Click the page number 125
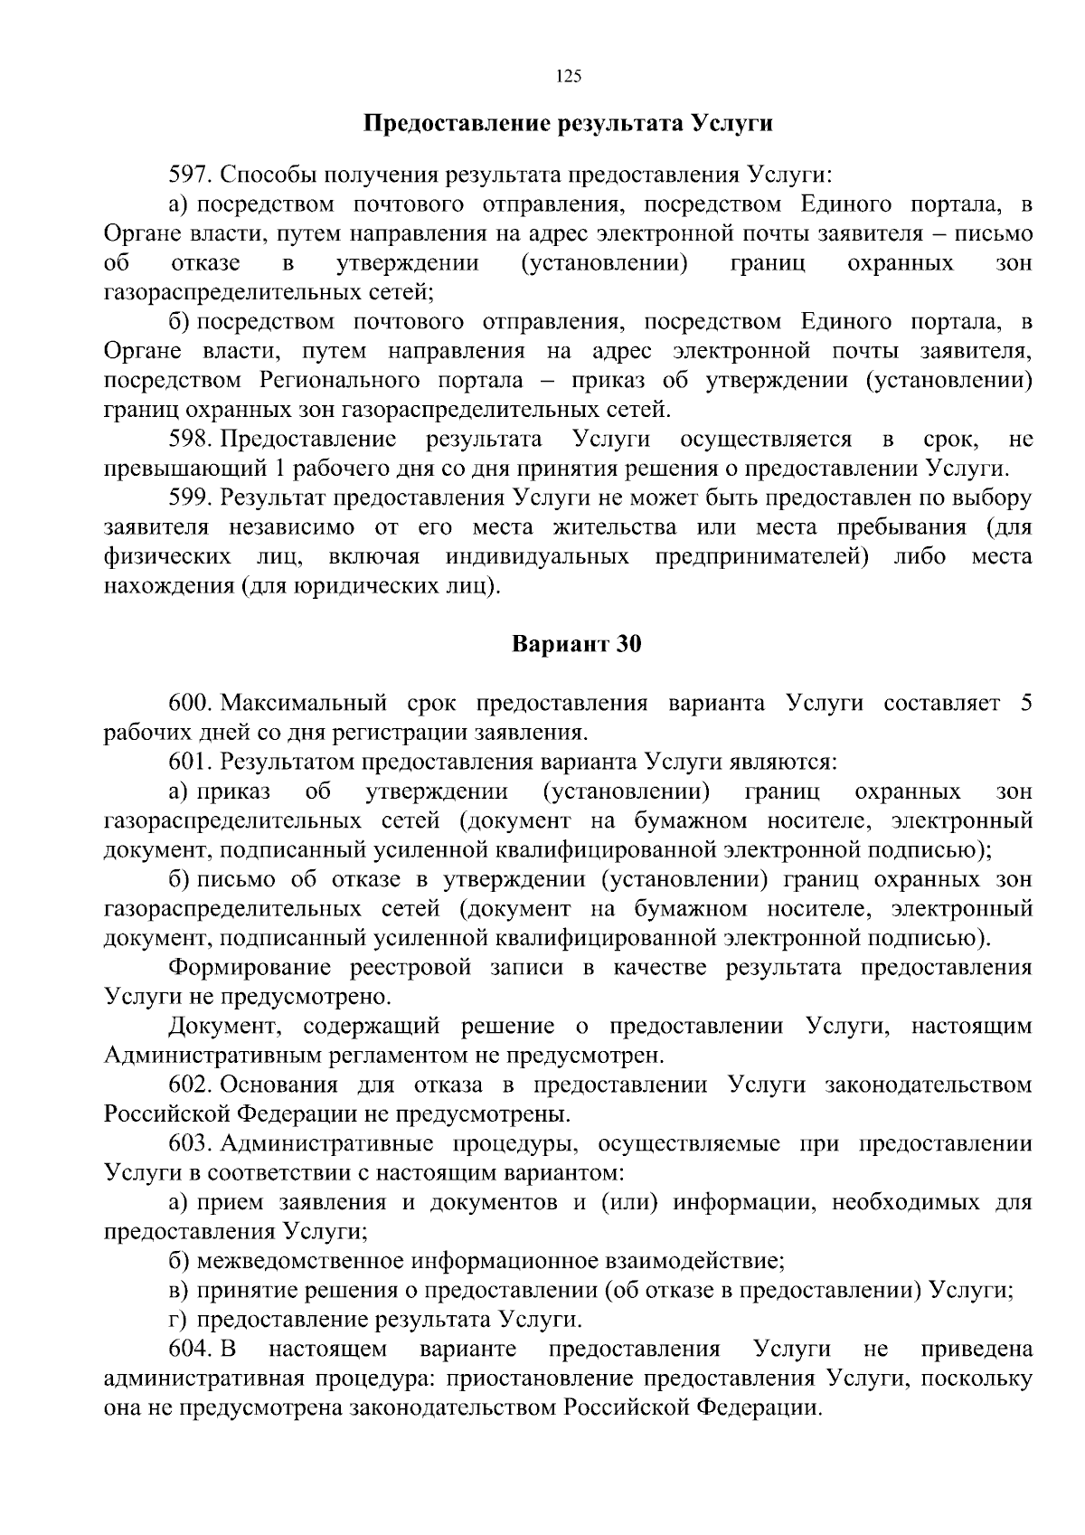(568, 76)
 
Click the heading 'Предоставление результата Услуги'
(568, 123)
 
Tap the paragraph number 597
(189, 175)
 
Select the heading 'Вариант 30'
(577, 645)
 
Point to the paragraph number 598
(189, 441)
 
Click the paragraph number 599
(189, 498)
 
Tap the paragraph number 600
(189, 704)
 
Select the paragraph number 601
(189, 763)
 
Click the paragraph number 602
(189, 1085)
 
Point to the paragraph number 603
(189, 1143)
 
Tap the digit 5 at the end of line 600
(1025, 704)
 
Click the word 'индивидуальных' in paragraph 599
(537, 557)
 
